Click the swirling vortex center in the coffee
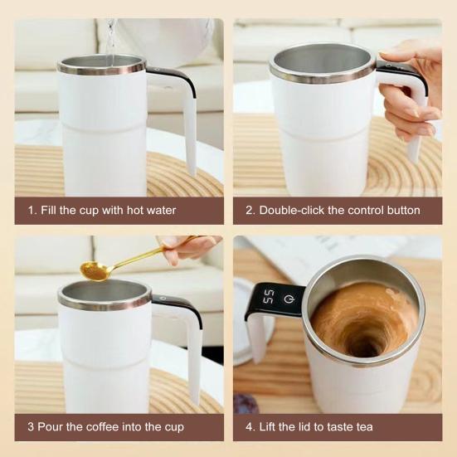(x=362, y=337)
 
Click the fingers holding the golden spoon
(x=187, y=248)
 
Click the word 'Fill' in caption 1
(x=49, y=211)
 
